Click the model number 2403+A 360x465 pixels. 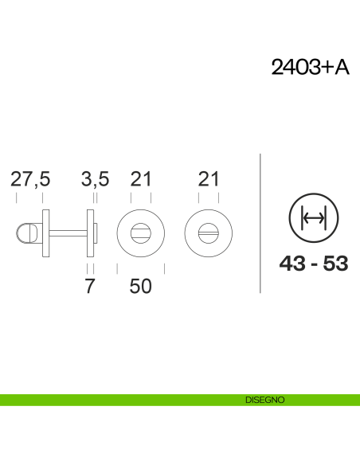(x=310, y=67)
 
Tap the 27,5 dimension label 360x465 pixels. (x=30, y=179)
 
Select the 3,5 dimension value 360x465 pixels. (x=96, y=179)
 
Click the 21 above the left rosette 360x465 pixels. (x=141, y=179)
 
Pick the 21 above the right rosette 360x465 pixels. (x=209, y=179)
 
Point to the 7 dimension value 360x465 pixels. (x=90, y=286)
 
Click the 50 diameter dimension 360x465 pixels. (x=140, y=286)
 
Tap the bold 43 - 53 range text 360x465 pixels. (x=314, y=264)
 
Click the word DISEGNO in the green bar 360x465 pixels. (x=265, y=400)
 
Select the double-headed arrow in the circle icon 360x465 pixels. (x=314, y=218)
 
